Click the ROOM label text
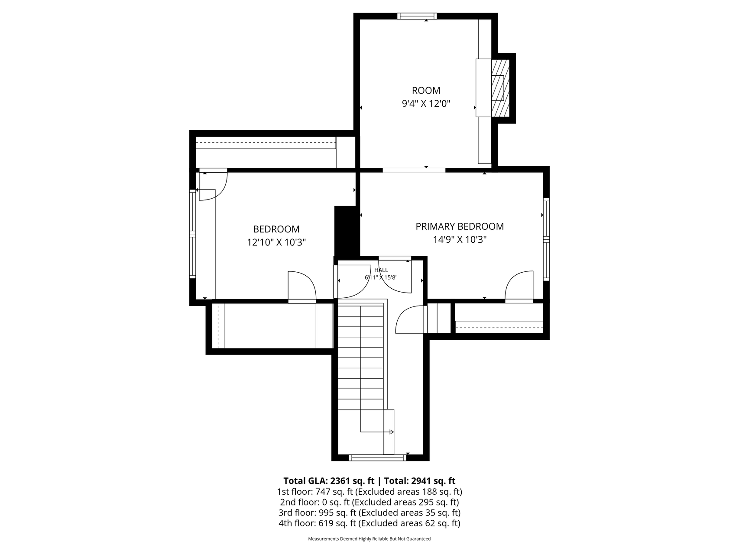tap(426, 90)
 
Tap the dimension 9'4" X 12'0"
tap(426, 104)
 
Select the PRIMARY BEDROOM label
tap(460, 226)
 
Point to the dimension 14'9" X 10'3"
tap(460, 239)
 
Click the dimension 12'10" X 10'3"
tap(276, 242)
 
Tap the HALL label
tap(381, 270)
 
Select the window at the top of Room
tap(417, 16)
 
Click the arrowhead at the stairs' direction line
tap(392, 432)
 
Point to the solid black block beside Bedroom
tap(347, 232)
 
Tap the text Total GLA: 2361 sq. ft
tap(329, 481)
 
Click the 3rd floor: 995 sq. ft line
tap(369, 513)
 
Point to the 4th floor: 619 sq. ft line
tap(369, 523)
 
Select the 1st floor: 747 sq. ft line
tap(369, 492)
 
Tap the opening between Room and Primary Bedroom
tap(414, 170)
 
